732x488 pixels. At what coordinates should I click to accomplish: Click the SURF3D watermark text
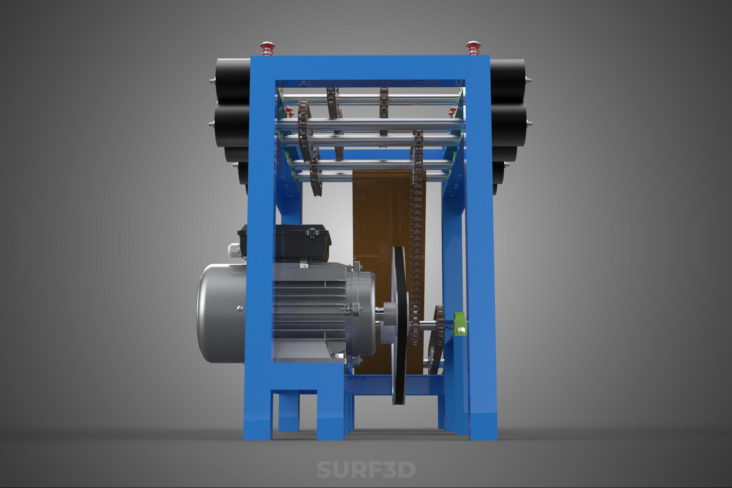point(366,469)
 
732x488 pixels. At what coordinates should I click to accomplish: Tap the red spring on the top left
point(266,48)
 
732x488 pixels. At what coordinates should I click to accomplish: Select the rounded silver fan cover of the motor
point(221,313)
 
